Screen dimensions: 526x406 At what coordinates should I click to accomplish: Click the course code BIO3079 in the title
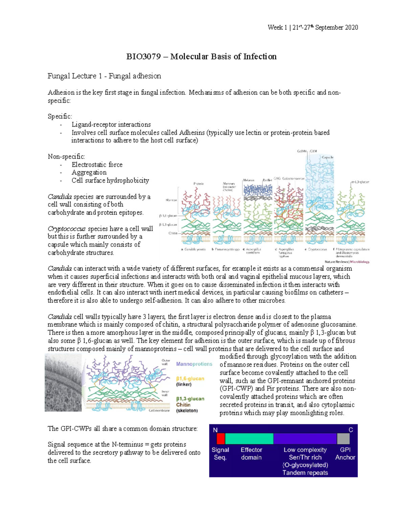pyautogui.click(x=143, y=57)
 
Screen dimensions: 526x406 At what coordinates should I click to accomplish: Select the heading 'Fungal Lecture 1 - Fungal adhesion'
pyautogui.click(x=104, y=76)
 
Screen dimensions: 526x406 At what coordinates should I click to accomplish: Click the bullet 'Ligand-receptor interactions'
pyautogui.click(x=111, y=125)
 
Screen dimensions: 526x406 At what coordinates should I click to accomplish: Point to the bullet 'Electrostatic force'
pyautogui.click(x=97, y=165)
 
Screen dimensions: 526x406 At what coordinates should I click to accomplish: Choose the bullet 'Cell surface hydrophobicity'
pyautogui.click(x=110, y=181)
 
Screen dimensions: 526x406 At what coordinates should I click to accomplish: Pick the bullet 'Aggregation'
pyautogui.click(x=89, y=172)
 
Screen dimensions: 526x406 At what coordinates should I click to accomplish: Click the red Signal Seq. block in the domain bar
pyautogui.click(x=221, y=439)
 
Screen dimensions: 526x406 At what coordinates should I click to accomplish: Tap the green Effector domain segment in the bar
pyautogui.click(x=249, y=439)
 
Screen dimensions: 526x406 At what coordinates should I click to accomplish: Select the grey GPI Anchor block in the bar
pyautogui.click(x=343, y=439)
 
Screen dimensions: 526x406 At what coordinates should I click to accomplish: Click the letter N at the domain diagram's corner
pyautogui.click(x=215, y=430)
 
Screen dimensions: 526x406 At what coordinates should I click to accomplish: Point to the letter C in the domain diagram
pyautogui.click(x=351, y=430)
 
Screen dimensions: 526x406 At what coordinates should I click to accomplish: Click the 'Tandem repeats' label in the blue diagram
pyautogui.click(x=305, y=473)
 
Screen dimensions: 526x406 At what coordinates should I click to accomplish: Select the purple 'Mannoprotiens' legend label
pyautogui.click(x=194, y=364)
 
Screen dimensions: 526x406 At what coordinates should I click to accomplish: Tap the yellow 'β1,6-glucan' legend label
pyautogui.click(x=190, y=379)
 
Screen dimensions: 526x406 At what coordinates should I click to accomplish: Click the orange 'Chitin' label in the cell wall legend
pyautogui.click(x=183, y=405)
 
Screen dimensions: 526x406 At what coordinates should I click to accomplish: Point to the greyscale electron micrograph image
pyautogui.click(x=63, y=382)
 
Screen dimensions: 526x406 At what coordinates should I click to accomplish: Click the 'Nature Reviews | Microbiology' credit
pyautogui.click(x=347, y=262)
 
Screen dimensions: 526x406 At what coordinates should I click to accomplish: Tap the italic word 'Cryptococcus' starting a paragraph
pyautogui.click(x=67, y=229)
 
